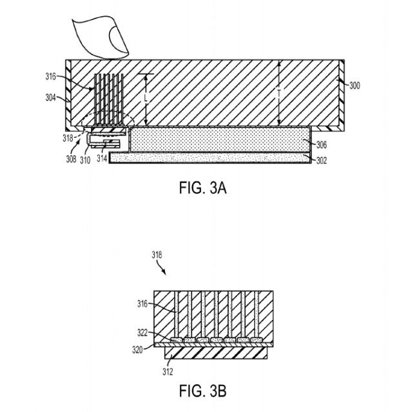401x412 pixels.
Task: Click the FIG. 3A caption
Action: pos(202,188)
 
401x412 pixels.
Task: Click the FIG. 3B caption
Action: pos(202,391)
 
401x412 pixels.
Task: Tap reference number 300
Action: pos(355,86)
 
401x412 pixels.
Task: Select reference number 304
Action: pos(51,98)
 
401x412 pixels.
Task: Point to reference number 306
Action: pos(321,144)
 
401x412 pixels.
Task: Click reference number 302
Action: pos(321,160)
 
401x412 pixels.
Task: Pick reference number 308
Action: pos(71,159)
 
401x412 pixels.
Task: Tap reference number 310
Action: pos(85,160)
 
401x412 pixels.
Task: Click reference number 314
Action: pos(102,158)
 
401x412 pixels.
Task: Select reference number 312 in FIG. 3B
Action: pos(168,371)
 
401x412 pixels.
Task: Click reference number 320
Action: pos(137,350)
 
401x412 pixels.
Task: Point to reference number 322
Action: pos(142,333)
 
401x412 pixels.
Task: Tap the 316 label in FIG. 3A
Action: pos(51,77)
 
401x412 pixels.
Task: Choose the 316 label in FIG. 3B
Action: pos(142,304)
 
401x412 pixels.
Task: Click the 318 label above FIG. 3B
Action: pos(157,255)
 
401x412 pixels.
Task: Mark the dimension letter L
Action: pos(146,98)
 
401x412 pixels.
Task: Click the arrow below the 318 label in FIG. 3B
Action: pos(162,268)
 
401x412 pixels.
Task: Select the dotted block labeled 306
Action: pos(220,140)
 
